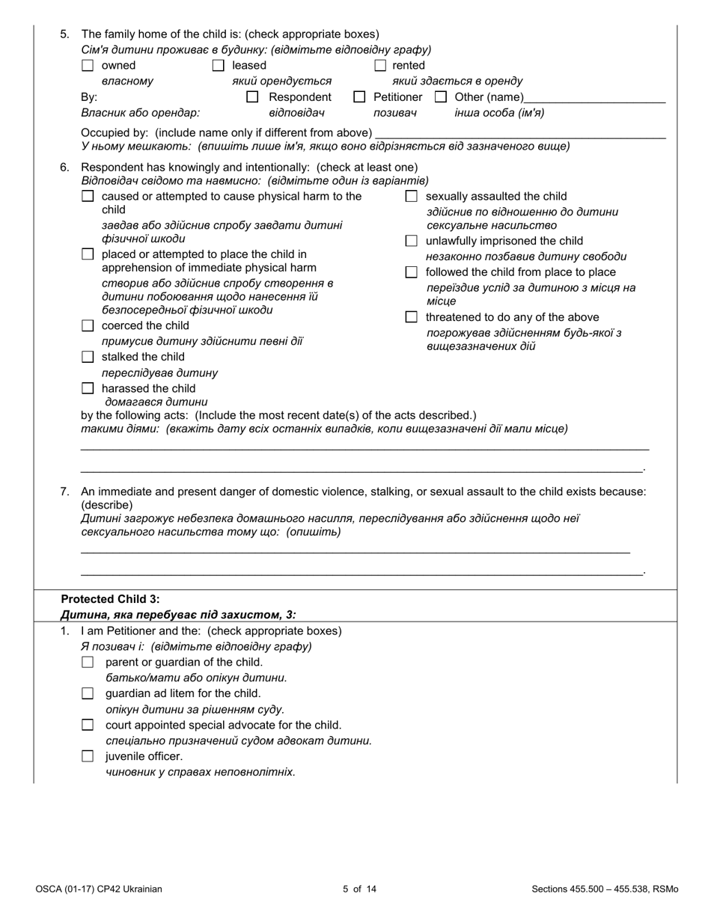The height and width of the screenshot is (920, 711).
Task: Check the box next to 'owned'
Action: (88, 66)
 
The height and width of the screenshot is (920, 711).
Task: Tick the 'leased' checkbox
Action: (218, 66)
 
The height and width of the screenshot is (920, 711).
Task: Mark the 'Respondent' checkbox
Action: (253, 97)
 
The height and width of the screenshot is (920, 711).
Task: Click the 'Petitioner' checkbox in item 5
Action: (359, 97)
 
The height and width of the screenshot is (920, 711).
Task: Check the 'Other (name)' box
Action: (441, 97)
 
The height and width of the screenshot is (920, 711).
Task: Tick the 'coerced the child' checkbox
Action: (88, 326)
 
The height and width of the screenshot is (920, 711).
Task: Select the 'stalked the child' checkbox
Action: (88, 358)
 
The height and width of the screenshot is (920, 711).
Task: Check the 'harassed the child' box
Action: (88, 389)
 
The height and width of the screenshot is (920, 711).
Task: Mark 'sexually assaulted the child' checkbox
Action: (411, 197)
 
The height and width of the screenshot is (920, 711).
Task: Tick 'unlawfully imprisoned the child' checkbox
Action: (411, 241)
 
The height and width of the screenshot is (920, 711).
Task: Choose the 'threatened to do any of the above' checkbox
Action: (411, 317)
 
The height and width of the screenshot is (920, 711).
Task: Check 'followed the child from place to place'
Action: (411, 272)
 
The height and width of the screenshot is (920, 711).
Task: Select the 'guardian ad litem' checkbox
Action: (88, 693)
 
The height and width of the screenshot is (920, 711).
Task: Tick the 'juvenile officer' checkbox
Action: (88, 756)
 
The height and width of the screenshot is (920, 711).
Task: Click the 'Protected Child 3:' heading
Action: (110, 599)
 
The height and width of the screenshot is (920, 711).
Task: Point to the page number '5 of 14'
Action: (355, 889)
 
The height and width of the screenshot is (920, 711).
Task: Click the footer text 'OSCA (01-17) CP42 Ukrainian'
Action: (99, 889)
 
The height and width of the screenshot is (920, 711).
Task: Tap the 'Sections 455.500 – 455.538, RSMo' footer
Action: (605, 889)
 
